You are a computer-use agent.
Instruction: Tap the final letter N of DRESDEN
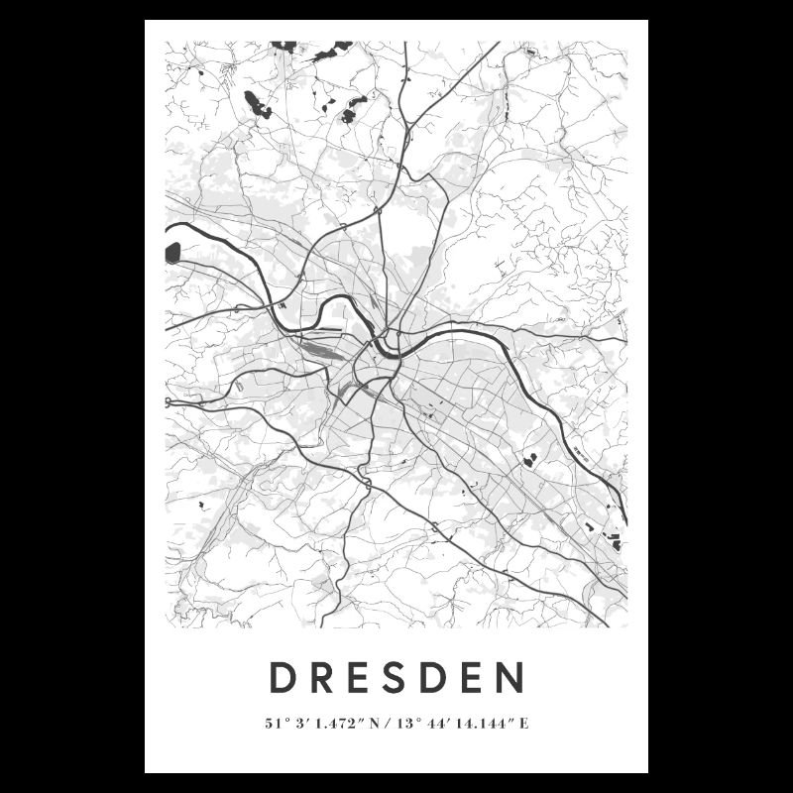tap(510, 679)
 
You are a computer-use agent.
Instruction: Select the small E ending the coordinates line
tap(524, 724)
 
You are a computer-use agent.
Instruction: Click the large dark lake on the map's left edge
tap(172, 253)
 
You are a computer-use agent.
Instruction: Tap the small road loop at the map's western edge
tap(169, 402)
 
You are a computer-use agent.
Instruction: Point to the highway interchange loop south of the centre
tap(366, 483)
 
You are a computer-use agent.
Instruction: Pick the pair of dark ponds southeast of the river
tap(530, 459)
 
